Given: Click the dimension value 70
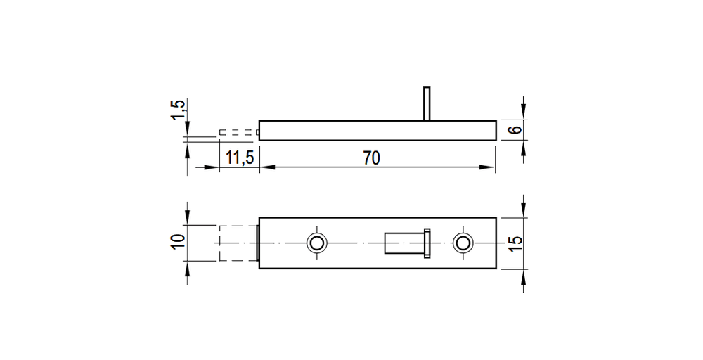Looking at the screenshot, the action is tap(372, 157).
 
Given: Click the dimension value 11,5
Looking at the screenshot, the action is tap(240, 157).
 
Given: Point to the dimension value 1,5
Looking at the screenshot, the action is tap(178, 110).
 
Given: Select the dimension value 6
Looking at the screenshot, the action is tap(516, 129).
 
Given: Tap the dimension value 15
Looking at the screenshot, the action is tap(516, 243).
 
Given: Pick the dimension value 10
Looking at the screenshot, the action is tap(178, 243).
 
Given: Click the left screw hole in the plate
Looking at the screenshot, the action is tap(317, 243).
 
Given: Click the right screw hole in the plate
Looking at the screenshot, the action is tap(463, 243).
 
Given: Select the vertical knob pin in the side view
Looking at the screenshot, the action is tap(427, 103).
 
